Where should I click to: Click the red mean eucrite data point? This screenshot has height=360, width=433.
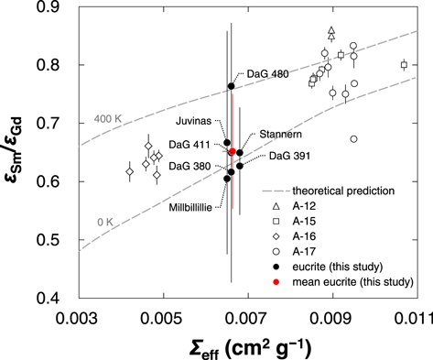[x=233, y=152]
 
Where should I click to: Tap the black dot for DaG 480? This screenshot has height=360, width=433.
[x=232, y=86]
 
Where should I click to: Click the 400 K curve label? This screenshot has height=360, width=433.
[x=108, y=120]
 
